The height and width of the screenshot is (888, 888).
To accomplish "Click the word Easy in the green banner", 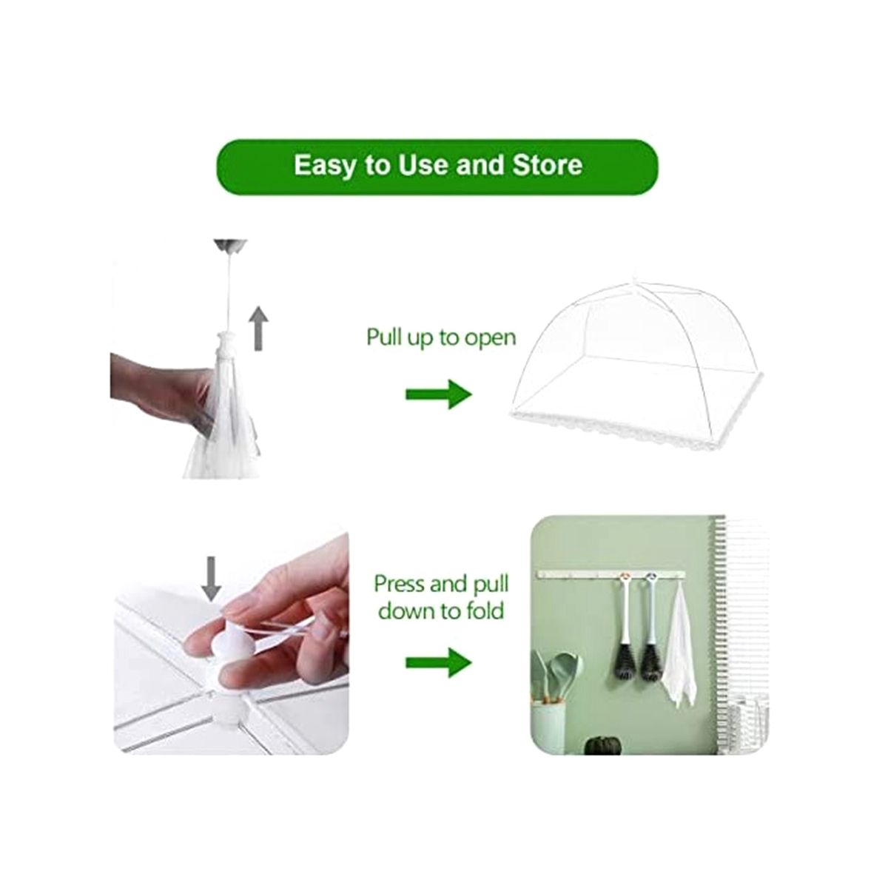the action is tap(326, 166).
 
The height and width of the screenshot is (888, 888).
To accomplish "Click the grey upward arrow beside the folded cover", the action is tap(260, 329).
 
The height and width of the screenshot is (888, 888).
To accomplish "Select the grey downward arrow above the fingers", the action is tap(212, 579).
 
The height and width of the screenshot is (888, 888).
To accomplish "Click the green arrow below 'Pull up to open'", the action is tap(439, 394).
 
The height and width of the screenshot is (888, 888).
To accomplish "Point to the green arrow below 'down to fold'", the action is tap(439, 662).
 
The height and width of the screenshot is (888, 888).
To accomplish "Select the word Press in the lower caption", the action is tap(398, 585).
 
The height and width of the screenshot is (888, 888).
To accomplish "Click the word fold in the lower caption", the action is tap(487, 611).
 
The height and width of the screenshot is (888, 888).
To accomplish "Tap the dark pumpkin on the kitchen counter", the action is tap(599, 744).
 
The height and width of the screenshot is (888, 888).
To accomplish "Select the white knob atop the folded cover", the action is tap(229, 343).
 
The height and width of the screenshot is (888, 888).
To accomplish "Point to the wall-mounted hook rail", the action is tap(611, 573).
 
